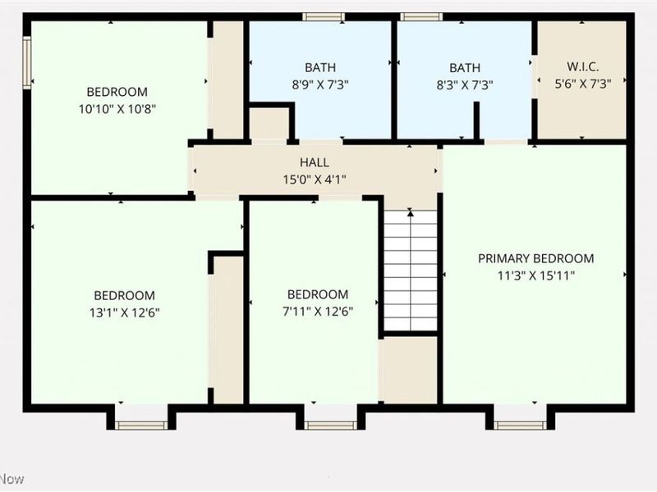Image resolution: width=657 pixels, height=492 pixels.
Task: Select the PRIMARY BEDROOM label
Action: (x=536, y=258)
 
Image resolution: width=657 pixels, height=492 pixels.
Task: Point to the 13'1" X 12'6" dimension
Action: (x=124, y=312)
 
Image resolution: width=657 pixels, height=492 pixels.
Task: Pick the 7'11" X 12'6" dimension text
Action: (x=317, y=311)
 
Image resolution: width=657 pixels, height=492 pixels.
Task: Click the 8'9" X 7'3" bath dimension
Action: (x=319, y=84)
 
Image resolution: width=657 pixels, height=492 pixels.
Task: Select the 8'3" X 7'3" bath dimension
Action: (x=464, y=84)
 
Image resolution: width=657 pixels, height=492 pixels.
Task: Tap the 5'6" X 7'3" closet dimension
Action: (x=583, y=84)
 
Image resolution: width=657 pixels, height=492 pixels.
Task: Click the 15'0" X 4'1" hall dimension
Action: (x=315, y=180)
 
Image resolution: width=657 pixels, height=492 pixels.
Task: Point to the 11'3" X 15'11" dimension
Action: (x=536, y=276)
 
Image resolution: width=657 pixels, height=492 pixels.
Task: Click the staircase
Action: (x=411, y=271)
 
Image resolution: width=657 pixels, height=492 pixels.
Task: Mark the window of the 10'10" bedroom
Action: (x=27, y=61)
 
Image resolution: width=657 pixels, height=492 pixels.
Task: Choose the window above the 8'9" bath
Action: (x=323, y=16)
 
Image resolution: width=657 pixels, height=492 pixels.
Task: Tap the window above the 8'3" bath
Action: (x=421, y=16)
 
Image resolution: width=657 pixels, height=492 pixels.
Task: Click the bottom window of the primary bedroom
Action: (x=520, y=424)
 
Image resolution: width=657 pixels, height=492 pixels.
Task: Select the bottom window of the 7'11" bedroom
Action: (x=330, y=424)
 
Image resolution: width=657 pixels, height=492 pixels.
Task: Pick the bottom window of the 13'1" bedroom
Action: (x=140, y=424)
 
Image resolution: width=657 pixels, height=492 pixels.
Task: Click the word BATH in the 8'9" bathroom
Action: (x=319, y=67)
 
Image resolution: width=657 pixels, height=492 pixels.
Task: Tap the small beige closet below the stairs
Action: (x=410, y=369)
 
